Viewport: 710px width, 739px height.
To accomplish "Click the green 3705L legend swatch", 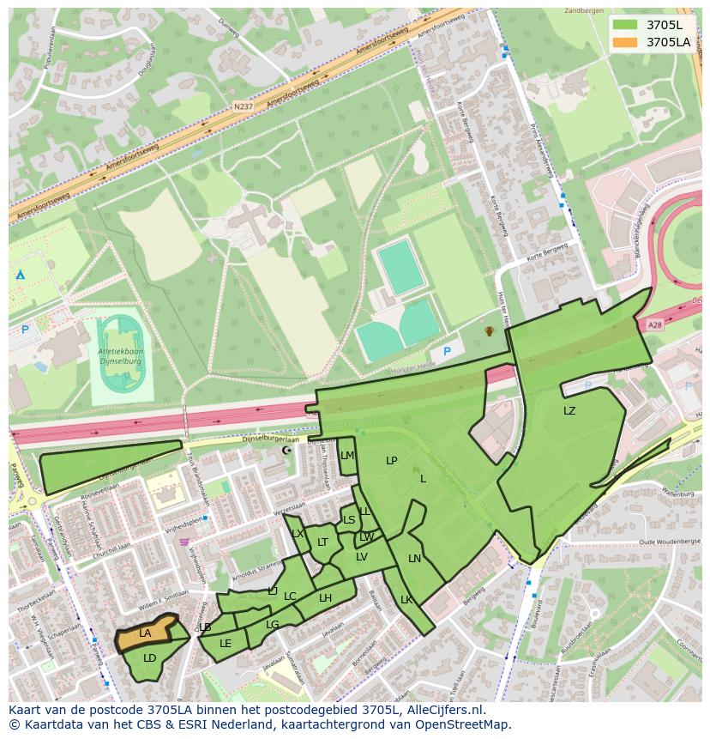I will (625, 24).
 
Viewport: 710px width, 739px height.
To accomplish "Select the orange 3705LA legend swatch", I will (625, 41).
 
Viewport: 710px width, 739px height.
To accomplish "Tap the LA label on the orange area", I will (145, 633).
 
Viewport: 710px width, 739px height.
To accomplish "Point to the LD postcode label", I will (149, 658).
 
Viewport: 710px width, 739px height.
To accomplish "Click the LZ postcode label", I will (569, 411).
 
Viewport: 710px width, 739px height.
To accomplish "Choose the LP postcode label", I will (392, 461).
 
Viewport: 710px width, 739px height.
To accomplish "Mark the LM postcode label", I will (346, 456).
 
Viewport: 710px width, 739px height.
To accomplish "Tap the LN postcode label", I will (414, 559).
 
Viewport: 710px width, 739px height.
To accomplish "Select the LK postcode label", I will (406, 600).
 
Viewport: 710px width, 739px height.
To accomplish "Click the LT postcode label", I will (322, 542).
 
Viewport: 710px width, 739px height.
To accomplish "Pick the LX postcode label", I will (298, 534).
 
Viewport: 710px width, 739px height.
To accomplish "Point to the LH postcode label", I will (325, 598).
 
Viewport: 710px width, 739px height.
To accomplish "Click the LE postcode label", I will (226, 643).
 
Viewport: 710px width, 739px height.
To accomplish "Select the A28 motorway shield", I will (655, 324).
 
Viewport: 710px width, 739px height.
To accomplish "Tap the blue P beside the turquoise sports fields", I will (446, 352).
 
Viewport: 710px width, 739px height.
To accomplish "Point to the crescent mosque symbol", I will (286, 450).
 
